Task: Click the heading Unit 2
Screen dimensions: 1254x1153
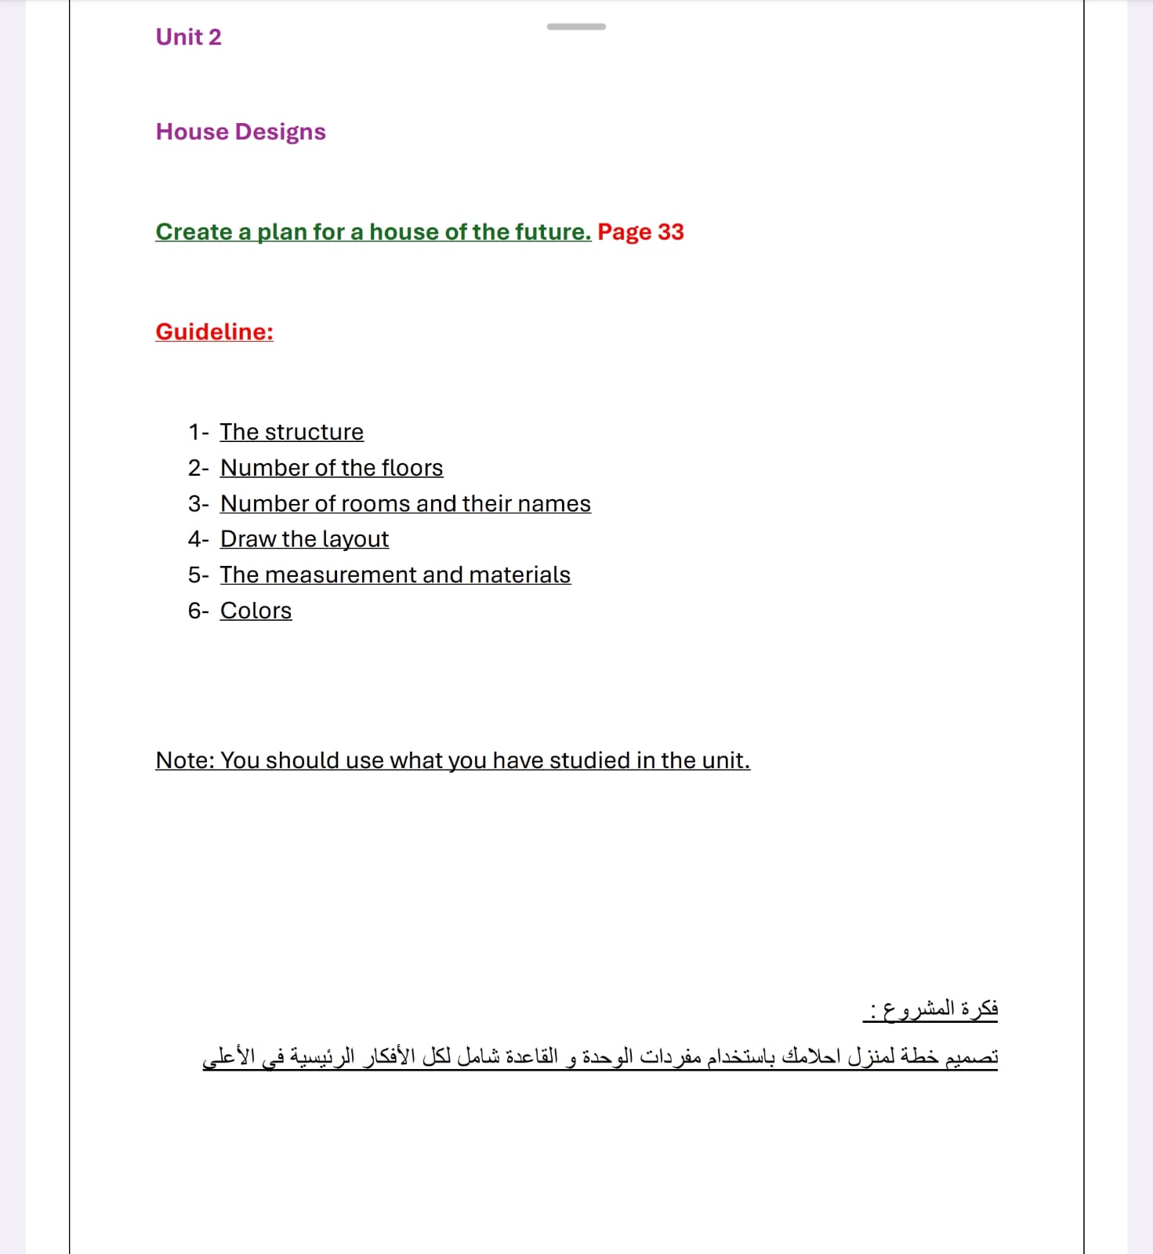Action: [188, 37]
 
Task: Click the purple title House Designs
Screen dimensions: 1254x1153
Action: [241, 132]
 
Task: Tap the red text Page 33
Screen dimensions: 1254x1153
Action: [640, 232]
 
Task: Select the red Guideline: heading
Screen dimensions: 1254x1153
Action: [214, 332]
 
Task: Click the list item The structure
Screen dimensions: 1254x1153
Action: [292, 432]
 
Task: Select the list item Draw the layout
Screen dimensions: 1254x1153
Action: [304, 539]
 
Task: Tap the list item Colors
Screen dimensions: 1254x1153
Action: [256, 611]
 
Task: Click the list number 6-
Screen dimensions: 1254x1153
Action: [198, 611]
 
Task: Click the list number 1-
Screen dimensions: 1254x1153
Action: [198, 432]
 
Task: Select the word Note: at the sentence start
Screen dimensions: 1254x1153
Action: [185, 760]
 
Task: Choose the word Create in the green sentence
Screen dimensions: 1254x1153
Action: [194, 232]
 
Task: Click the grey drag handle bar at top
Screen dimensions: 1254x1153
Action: [576, 27]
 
